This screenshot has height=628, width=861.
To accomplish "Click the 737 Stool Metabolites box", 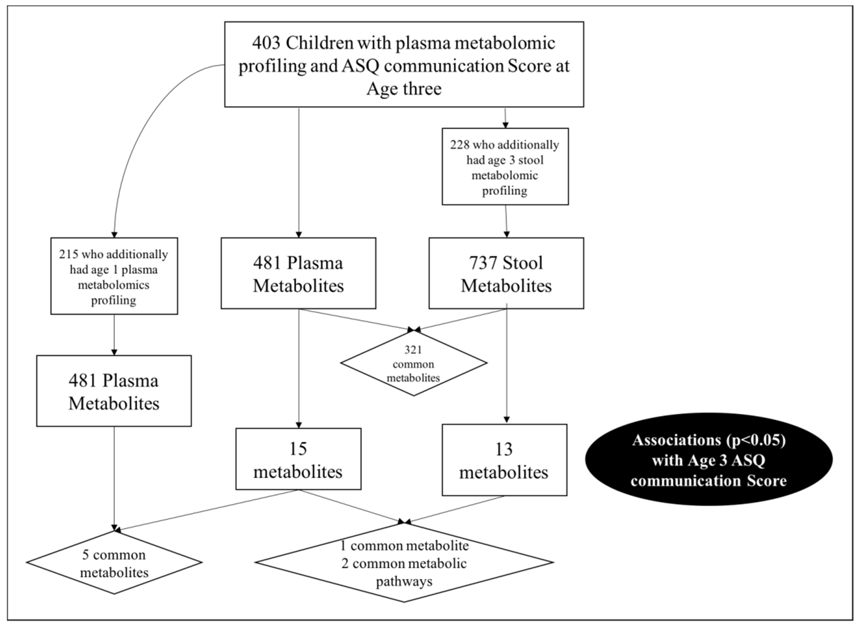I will click(x=506, y=274).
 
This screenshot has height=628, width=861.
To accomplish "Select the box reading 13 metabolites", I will click(x=504, y=460).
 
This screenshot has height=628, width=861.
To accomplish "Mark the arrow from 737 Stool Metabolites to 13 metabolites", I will click(x=506, y=365).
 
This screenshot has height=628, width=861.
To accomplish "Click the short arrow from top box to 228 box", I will click(x=505, y=118).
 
